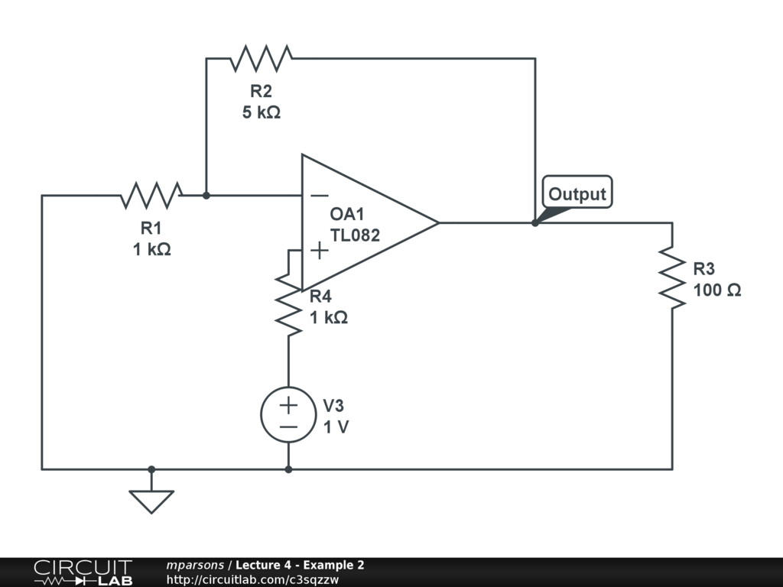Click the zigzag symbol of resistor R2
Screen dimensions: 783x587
tap(261, 58)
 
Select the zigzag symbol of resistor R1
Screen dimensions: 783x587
tap(151, 195)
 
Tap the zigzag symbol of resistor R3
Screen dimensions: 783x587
tap(672, 277)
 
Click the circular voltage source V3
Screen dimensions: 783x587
tap(288, 414)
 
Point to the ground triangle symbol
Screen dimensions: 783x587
tap(151, 501)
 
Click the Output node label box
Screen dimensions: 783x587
tap(577, 192)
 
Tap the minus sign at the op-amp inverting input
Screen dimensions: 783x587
tap(320, 196)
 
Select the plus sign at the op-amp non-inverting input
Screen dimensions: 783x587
tap(320, 250)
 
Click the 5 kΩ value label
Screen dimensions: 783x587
tap(262, 112)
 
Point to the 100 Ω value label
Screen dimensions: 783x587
tap(717, 290)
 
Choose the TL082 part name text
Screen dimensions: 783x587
tap(355, 235)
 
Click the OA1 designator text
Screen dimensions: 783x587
tap(347, 214)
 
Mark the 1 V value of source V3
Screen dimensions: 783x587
tap(336, 427)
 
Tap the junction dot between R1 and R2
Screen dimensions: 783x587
tap(206, 196)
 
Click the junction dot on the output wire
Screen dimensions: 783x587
tap(535, 223)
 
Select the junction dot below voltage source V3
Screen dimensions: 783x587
tap(288, 470)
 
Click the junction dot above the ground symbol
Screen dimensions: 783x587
tap(151, 470)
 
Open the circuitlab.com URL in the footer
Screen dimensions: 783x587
tap(252, 580)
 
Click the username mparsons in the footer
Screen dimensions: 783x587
tap(195, 566)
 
